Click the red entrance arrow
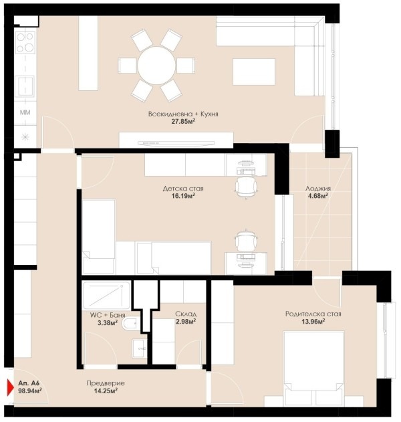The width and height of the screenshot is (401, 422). point(10,387)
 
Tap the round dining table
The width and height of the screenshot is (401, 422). point(156,66)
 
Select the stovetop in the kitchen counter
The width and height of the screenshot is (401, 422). point(25,43)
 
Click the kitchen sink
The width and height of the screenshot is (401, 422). point(25,86)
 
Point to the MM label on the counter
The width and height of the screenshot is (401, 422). point(25,112)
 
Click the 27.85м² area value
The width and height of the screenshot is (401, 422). point(183,121)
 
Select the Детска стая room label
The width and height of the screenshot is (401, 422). point(183,189)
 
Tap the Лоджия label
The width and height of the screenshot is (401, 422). point(318,189)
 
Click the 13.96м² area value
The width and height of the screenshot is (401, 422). point(313,321)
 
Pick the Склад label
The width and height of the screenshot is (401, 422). point(186,314)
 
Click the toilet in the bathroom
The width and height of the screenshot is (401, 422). point(131,324)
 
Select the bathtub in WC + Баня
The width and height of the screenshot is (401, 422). point(106,295)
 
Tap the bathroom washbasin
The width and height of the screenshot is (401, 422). point(140,348)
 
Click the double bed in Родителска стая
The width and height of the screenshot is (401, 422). point(313,368)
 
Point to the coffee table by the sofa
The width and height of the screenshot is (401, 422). point(254,72)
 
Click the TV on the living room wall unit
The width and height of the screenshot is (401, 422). point(176,143)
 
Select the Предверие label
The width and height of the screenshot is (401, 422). point(106,383)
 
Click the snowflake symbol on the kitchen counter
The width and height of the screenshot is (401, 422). point(25,137)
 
